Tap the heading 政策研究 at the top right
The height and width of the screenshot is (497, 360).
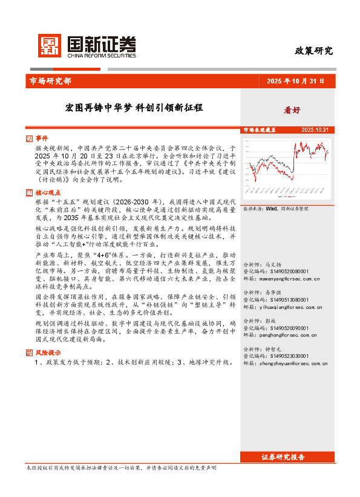tap(313, 51)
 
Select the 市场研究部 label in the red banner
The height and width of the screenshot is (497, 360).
tap(50, 81)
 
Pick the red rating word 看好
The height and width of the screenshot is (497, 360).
tap(292, 110)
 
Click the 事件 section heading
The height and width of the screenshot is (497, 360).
tap(42, 138)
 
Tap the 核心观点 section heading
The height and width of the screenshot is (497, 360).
tap(48, 192)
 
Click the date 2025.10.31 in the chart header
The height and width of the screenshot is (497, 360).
tap(315, 130)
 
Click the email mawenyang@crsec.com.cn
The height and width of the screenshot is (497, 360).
tap(281, 279)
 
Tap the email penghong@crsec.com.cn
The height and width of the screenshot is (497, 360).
tap(280, 335)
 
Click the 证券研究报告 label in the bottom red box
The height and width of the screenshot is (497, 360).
tap(283, 457)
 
